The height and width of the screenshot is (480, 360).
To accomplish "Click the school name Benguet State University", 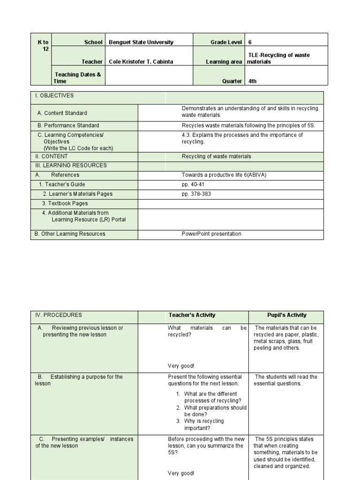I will click(141, 42).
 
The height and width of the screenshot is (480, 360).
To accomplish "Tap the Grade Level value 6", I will click(250, 42).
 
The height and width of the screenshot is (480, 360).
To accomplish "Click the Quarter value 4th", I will click(253, 81).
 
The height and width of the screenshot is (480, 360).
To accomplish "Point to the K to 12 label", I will click(43, 45).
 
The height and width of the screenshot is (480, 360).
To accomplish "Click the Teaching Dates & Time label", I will click(78, 78).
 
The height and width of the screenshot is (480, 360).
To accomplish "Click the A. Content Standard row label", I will click(62, 113).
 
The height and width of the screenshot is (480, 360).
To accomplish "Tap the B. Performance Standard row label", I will click(68, 126).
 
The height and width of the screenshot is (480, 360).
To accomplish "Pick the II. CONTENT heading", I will click(51, 157).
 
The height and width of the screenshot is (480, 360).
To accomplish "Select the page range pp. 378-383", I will click(196, 194).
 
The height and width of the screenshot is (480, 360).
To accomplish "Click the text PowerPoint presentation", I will click(211, 234).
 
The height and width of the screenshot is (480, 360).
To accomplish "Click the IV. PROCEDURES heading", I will click(59, 315).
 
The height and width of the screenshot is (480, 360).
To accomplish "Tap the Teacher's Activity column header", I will click(192, 315).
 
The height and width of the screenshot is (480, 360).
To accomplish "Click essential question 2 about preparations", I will click(215, 411).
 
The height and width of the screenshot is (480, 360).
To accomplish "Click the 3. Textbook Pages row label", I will click(65, 203).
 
